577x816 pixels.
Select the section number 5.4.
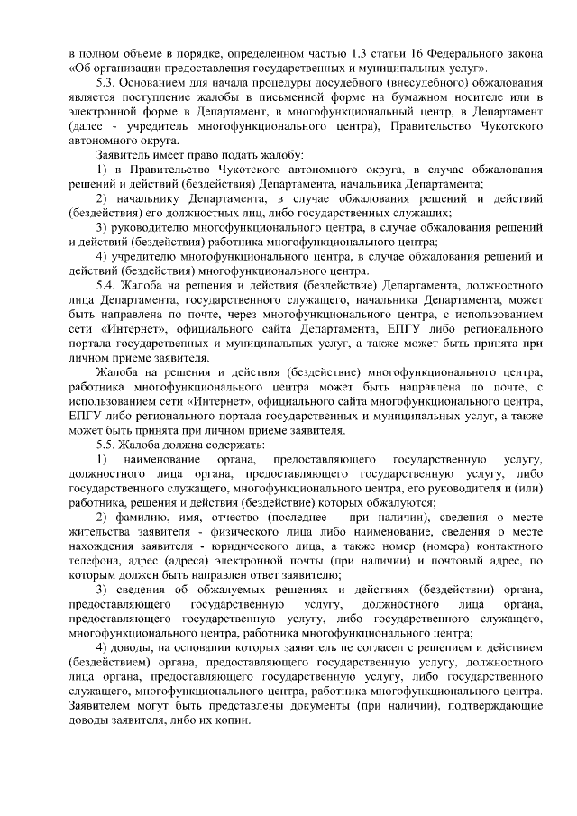tap(107, 286)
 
